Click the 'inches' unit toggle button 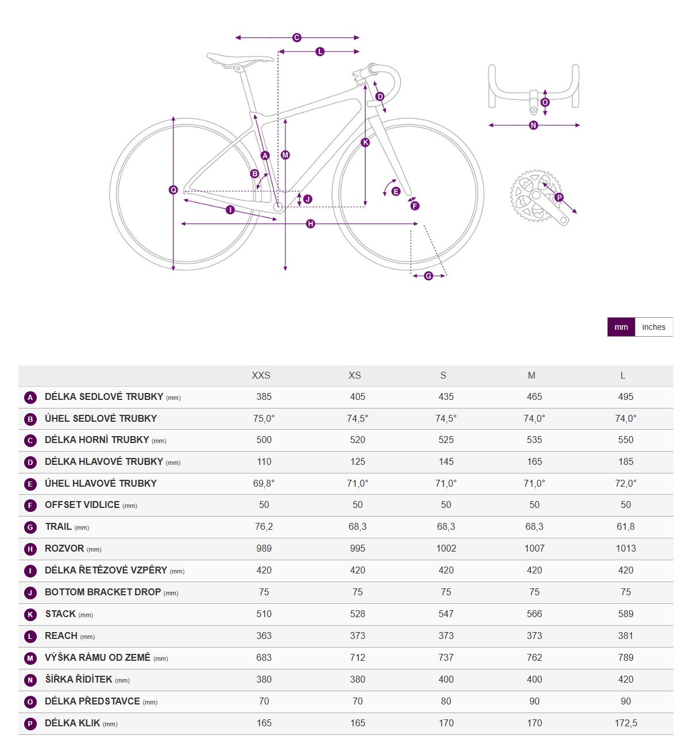653,327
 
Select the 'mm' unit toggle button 621,327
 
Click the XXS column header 261,375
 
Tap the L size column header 623,375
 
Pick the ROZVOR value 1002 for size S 446,548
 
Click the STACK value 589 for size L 626,614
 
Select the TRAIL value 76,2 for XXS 264,526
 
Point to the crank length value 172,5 626,723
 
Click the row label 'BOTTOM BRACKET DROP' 103,592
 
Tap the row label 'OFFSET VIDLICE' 83,504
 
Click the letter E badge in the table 30,484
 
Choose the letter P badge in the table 30,724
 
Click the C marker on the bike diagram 297,37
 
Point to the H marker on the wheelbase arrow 311,224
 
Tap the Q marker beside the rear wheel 174,190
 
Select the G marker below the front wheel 429,276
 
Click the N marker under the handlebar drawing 534,125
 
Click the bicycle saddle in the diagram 240,59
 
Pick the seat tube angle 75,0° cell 264,418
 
